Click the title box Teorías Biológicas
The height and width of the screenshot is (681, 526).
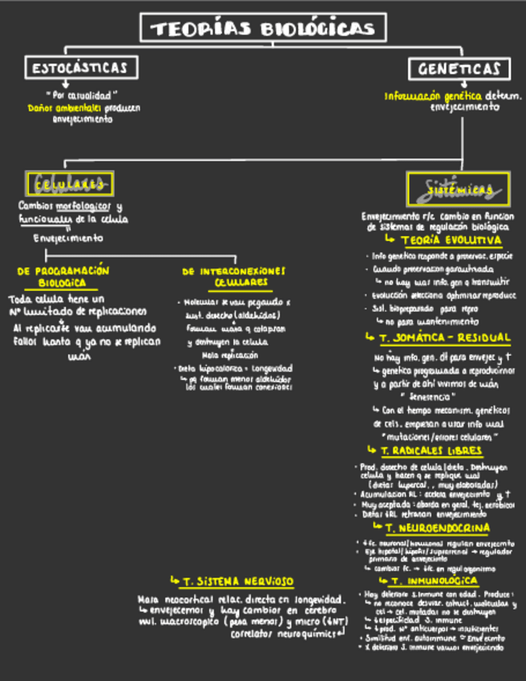click(x=264, y=29)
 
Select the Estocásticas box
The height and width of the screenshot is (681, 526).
click(x=79, y=67)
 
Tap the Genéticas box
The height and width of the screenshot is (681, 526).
click(x=459, y=69)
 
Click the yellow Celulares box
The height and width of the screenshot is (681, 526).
click(x=71, y=184)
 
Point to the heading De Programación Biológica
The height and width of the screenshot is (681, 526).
click(x=63, y=277)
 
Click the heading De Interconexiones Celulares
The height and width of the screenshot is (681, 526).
click(x=233, y=277)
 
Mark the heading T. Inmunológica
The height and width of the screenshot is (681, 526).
click(x=439, y=580)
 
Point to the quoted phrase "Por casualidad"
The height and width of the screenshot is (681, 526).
click(x=74, y=94)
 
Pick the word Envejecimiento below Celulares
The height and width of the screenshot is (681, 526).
click(x=68, y=238)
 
